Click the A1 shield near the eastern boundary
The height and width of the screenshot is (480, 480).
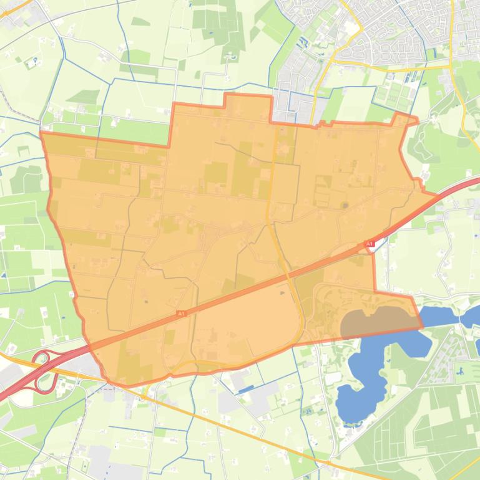[369, 243]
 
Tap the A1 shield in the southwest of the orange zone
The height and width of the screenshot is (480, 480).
[181, 314]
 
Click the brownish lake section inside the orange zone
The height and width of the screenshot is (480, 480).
[375, 322]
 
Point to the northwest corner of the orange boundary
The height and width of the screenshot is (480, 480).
[41, 133]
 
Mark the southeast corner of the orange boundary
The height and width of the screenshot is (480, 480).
[421, 325]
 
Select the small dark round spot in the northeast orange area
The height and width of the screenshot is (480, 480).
[345, 204]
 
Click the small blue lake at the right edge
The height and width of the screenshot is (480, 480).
[472, 315]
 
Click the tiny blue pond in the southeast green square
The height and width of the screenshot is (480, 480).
[460, 371]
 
